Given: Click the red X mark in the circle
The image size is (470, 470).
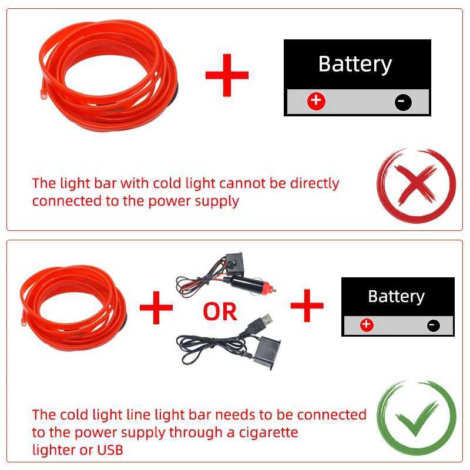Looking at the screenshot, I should point(415,186).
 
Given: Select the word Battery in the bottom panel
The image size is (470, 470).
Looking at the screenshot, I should point(396,297).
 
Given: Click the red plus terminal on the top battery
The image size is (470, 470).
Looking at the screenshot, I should point(316,101).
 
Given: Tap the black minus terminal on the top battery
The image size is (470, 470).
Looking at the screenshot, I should point(403,102).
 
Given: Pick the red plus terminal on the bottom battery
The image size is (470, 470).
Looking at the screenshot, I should point(367,324).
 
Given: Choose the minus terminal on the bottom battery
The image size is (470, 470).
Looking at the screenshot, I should point(434,325).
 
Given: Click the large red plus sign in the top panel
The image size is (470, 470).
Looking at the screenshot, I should point(227,75).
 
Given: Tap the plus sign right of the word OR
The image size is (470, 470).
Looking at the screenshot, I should point(307,306).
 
